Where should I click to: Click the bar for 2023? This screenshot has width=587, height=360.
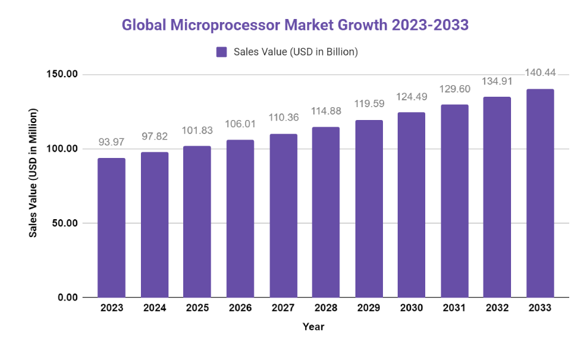tap(112, 228)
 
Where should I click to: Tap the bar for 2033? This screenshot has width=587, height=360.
tap(540, 193)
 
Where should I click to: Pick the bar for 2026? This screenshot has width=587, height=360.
tap(240, 219)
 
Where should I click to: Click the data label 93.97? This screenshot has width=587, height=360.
tap(112, 143)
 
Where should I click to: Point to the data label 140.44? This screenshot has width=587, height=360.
tap(540, 73)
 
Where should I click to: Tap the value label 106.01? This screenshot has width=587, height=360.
tap(240, 124)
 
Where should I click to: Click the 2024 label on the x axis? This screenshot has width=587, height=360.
tap(154, 308)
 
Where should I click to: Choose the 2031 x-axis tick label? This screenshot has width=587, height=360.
tap(455, 308)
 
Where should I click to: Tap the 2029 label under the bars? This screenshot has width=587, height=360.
tap(369, 308)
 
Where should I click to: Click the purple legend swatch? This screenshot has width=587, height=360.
tap(222, 52)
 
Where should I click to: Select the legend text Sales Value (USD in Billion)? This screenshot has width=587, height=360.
tap(295, 52)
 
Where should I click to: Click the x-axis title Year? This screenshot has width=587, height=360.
tap(313, 327)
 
